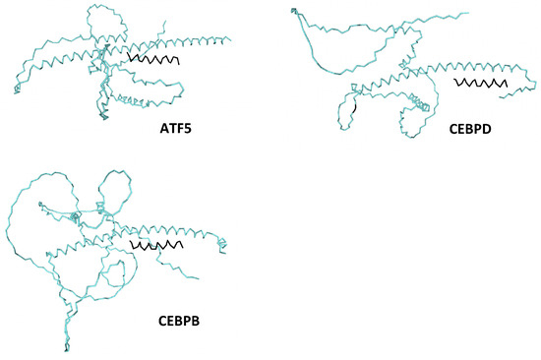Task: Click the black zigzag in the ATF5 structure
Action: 153,60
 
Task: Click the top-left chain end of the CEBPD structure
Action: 291,10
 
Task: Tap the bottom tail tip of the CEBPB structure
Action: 67,348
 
